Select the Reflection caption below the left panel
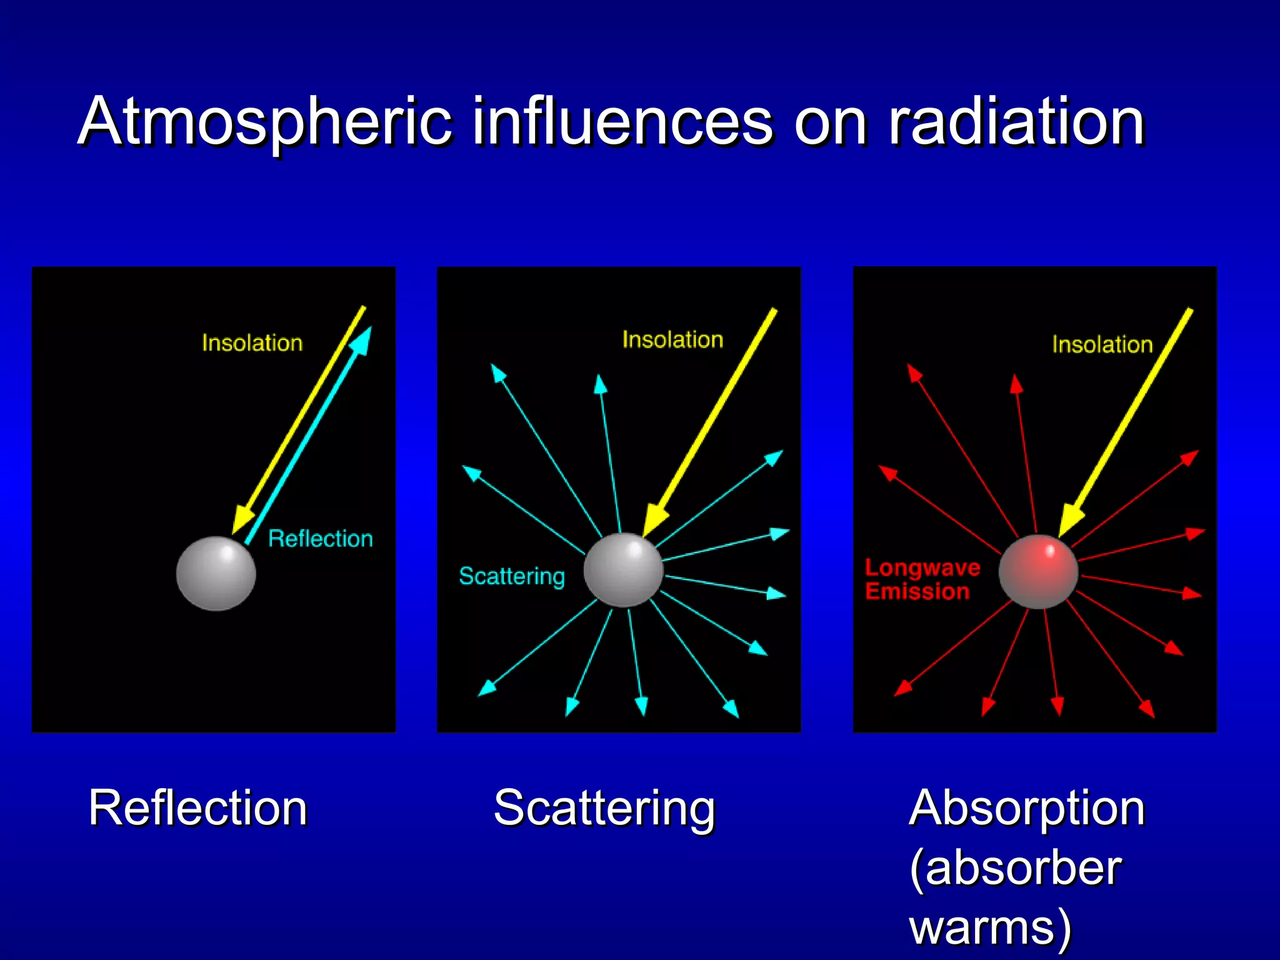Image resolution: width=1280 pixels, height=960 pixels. [197, 807]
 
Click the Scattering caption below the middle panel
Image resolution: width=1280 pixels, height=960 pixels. [604, 807]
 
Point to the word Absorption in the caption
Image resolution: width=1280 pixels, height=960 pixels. [1026, 807]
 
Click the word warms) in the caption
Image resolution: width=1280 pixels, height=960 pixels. [990, 926]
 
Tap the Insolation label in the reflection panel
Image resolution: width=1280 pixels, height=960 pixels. [252, 343]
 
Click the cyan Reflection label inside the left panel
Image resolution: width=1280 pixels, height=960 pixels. [320, 539]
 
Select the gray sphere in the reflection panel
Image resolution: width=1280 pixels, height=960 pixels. [216, 573]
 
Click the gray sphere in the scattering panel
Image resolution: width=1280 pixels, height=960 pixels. [623, 569]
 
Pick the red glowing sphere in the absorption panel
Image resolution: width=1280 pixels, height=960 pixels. [1038, 571]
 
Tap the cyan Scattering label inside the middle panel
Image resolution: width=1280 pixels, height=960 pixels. [511, 576]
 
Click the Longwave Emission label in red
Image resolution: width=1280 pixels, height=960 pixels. [921, 579]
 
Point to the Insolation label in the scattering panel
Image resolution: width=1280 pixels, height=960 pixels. [672, 339]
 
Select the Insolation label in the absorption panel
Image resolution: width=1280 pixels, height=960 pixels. [1102, 344]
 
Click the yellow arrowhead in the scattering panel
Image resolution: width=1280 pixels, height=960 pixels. [654, 519]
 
